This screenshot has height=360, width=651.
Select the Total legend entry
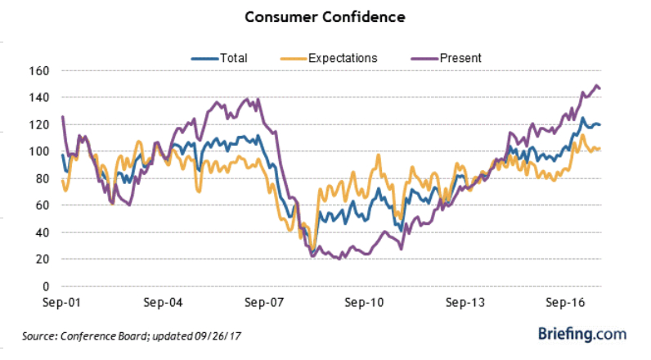(x=232, y=58)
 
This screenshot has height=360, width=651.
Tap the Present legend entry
(x=459, y=58)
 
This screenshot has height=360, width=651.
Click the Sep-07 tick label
(x=263, y=302)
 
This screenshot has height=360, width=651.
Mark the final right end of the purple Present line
(x=601, y=88)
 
